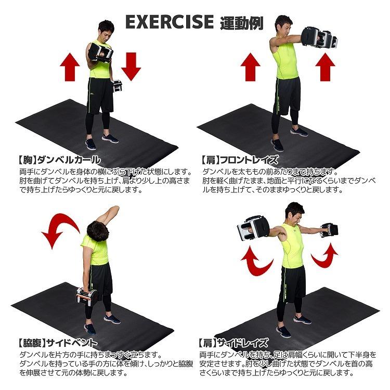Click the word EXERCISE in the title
pyautogui.click(x=170, y=22)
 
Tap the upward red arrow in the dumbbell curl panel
pyautogui.click(x=69, y=66)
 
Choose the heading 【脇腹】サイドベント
pyautogui.click(x=57, y=343)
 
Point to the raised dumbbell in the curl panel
pyautogui.click(x=100, y=53)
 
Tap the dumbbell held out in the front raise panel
pyautogui.click(x=319, y=39)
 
